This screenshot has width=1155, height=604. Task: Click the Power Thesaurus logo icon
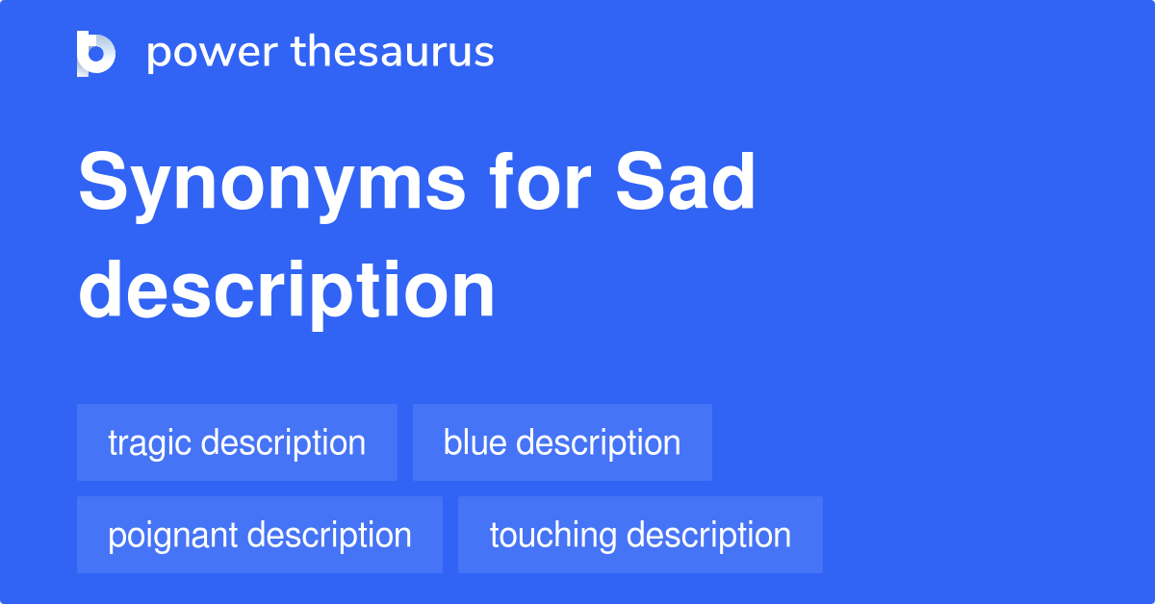tap(96, 53)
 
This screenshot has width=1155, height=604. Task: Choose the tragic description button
tap(237, 442)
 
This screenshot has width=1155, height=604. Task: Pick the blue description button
tap(562, 442)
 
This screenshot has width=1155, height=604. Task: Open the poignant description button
tap(260, 535)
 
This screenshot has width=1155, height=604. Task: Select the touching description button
tap(640, 535)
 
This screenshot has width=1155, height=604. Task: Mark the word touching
tap(551, 536)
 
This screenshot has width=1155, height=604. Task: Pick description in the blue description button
tap(599, 443)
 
